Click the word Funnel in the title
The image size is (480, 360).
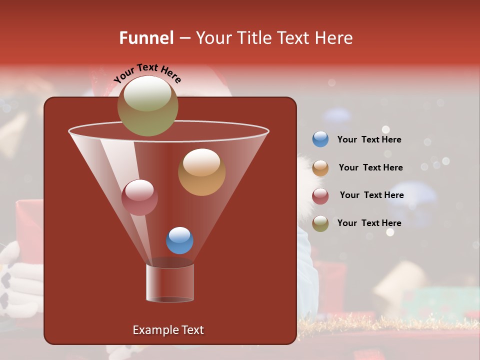[146, 38]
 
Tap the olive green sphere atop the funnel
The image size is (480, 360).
[147, 105]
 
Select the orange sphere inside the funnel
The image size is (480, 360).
[201, 171]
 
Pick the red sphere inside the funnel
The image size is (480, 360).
[139, 197]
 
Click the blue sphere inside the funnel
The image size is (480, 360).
[179, 240]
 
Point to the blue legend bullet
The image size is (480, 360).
[320, 139]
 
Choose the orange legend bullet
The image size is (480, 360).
[320, 168]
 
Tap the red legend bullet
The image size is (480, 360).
[320, 196]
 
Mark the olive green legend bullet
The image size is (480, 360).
[320, 223]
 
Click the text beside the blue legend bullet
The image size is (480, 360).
[369, 140]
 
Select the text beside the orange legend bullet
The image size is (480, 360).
[370, 168]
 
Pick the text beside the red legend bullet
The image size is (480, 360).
[371, 195]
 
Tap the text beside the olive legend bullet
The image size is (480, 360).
[369, 223]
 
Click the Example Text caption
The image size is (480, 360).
[168, 330]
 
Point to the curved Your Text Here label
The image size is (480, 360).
[147, 73]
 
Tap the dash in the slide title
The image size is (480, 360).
[184, 38]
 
